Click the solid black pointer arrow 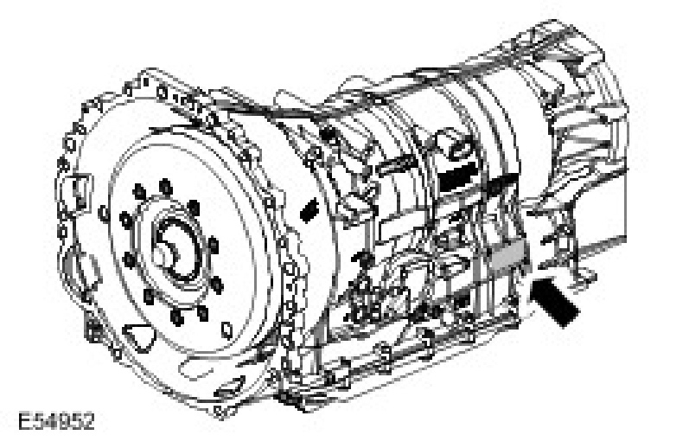(553, 301)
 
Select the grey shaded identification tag (508, 255)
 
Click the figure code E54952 (56, 421)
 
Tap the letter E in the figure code (24, 421)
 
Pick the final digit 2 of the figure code (88, 421)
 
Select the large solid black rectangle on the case (458, 176)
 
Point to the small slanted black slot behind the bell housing (309, 209)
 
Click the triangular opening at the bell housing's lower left (138, 337)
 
